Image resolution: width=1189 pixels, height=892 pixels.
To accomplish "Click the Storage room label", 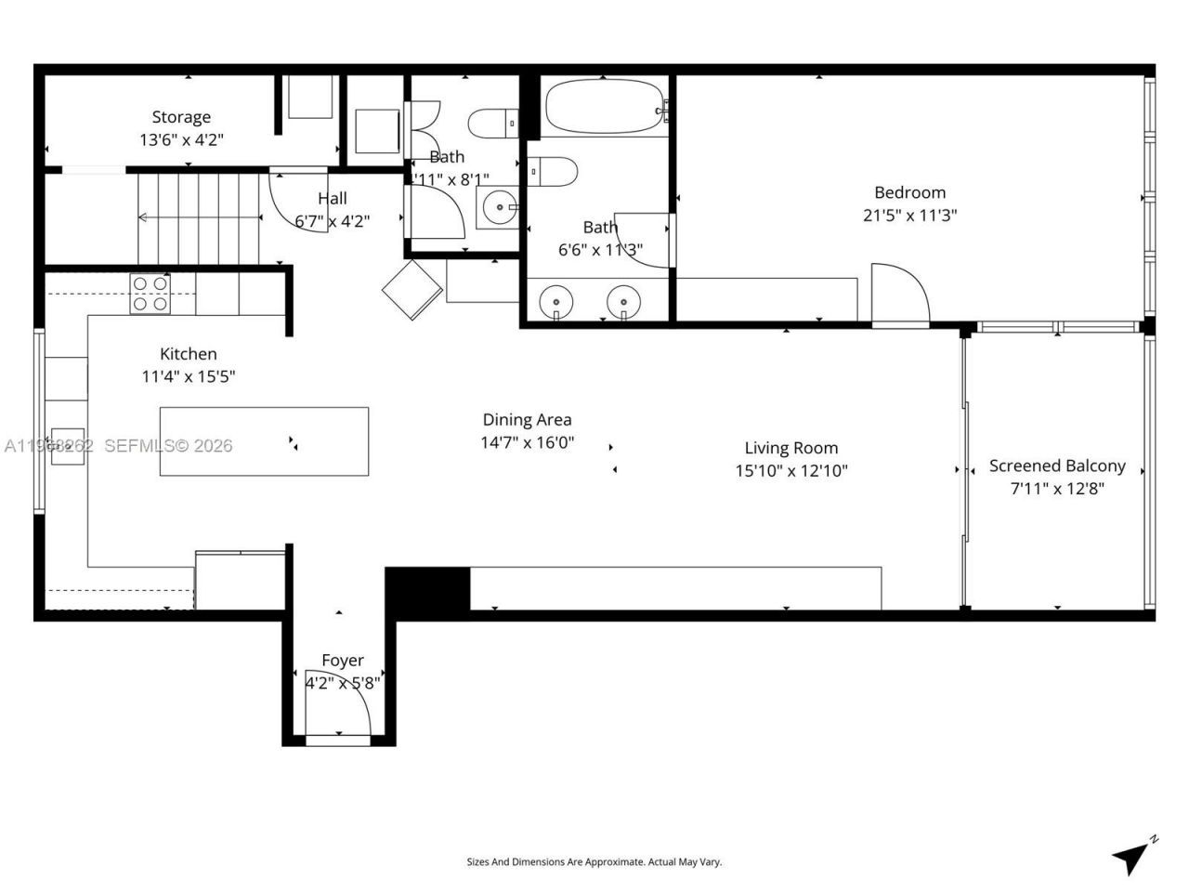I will (x=181, y=117).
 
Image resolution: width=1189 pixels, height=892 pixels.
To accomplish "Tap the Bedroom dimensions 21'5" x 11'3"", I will (x=909, y=216).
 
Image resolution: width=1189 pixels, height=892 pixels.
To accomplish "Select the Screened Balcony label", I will (x=1057, y=466).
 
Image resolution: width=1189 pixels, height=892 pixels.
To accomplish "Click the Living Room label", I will (x=790, y=448).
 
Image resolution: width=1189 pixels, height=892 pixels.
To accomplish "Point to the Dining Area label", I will (x=527, y=420).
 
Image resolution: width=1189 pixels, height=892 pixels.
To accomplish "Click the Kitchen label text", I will (x=189, y=354).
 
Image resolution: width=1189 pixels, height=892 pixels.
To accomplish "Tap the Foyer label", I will (x=342, y=661).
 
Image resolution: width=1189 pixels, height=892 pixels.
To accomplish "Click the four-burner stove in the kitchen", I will (x=150, y=294).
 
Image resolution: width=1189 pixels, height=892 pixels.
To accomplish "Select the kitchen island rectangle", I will (x=264, y=441).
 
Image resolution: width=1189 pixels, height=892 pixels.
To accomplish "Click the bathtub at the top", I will (x=605, y=108).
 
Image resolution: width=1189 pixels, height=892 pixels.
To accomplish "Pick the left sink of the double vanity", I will (x=555, y=302).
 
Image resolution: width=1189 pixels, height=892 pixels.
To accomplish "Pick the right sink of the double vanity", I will (x=623, y=302).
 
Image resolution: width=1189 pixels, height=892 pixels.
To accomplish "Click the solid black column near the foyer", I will (x=427, y=589).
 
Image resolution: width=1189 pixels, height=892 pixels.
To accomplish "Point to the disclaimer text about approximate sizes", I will (x=594, y=862).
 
